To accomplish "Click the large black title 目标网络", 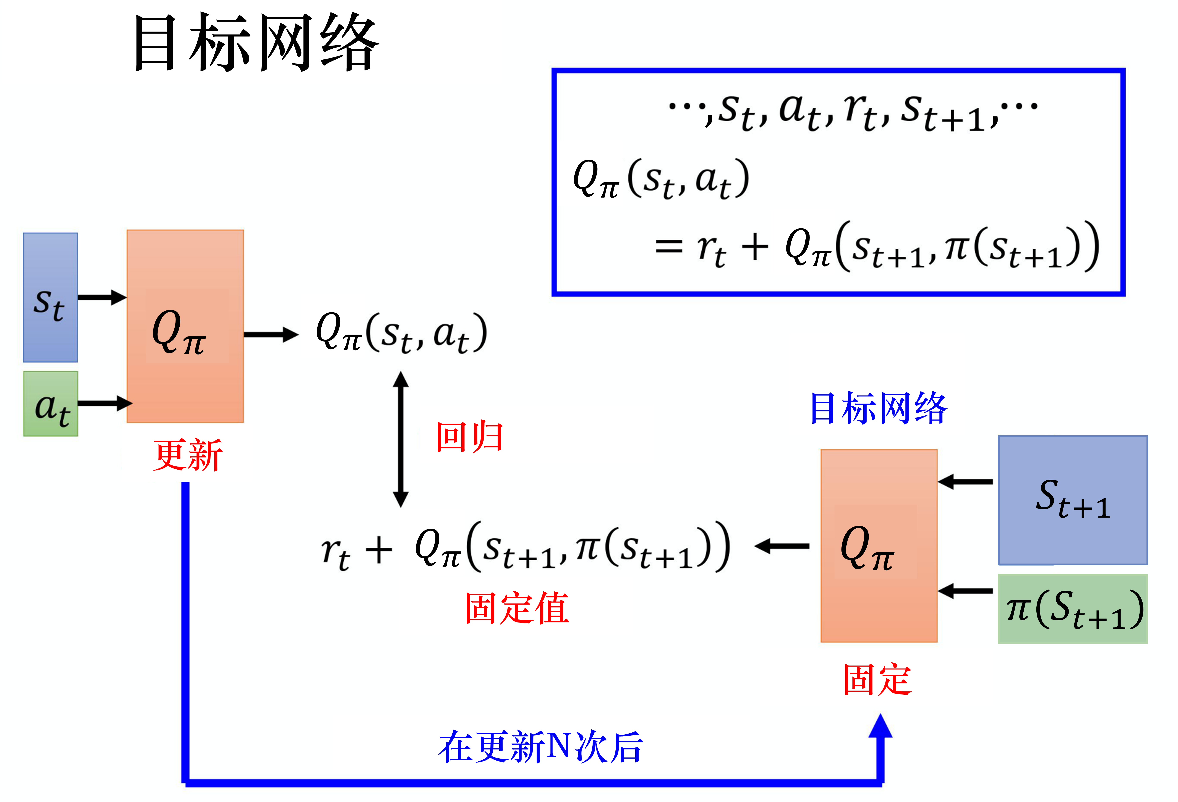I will click(256, 43).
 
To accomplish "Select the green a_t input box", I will click(51, 404).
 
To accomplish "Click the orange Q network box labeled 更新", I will click(185, 326).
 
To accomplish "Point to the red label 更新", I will click(188, 455).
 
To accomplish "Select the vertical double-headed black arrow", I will click(400, 439).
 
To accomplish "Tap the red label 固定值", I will click(517, 608).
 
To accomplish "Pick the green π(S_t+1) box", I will click(1073, 609).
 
